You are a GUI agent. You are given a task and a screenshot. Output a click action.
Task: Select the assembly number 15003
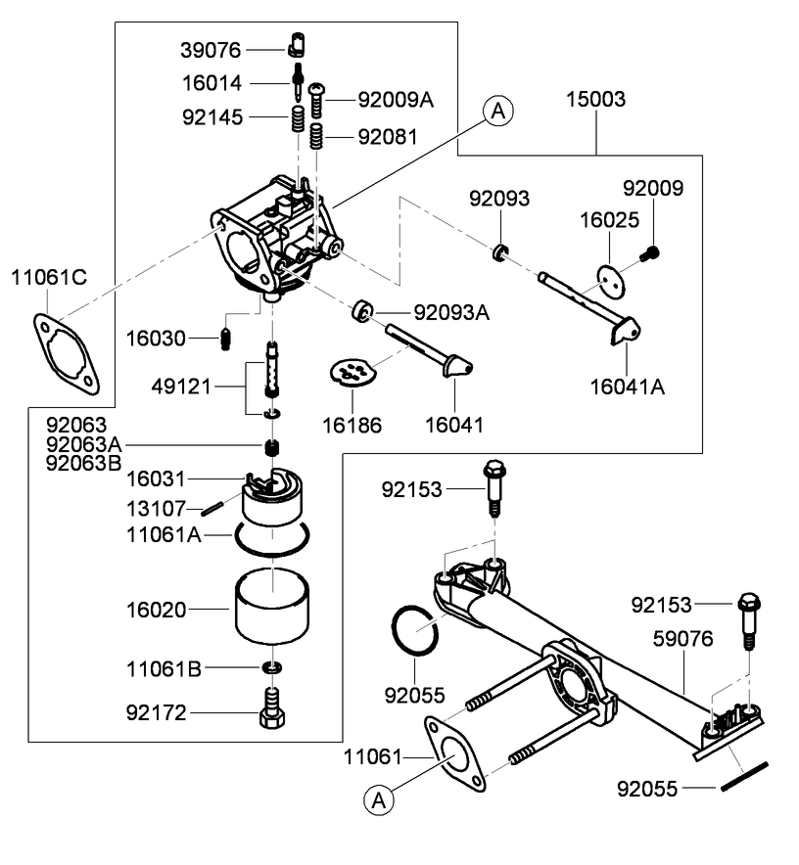point(596,100)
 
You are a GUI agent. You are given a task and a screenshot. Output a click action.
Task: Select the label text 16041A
point(627,387)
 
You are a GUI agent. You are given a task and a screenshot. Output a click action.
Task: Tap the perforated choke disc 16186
point(352,373)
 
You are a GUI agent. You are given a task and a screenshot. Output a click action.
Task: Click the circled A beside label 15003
point(497,113)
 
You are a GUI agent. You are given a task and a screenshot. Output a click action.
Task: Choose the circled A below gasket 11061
point(379,799)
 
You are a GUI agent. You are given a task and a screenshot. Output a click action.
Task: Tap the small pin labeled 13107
point(214,508)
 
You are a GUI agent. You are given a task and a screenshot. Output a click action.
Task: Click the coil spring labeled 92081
point(317,136)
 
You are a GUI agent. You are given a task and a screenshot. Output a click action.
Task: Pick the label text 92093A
point(451,313)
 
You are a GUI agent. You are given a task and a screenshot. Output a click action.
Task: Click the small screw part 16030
point(226,339)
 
